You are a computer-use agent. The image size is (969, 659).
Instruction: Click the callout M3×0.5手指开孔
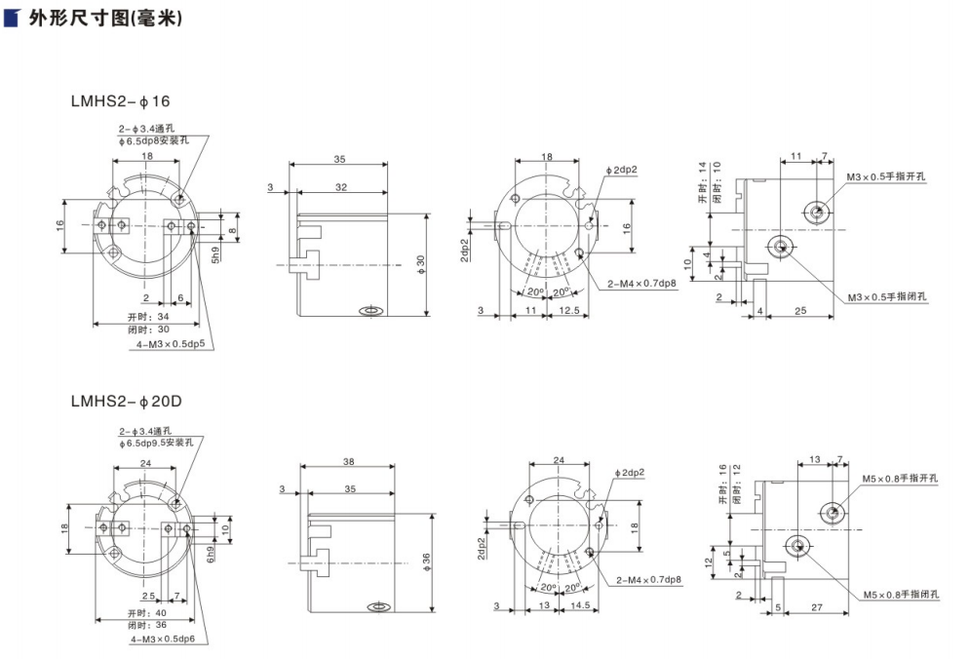pyautogui.click(x=887, y=176)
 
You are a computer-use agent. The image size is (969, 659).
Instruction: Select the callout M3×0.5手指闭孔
pyautogui.click(x=887, y=296)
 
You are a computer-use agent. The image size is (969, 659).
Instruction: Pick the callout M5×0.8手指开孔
pyautogui.click(x=900, y=479)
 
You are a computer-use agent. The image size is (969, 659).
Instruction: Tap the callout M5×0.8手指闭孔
pyautogui.click(x=900, y=594)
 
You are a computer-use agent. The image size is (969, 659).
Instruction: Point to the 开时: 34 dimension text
pyautogui.click(x=148, y=317)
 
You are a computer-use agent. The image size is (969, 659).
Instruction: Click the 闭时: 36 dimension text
pyautogui.click(x=148, y=625)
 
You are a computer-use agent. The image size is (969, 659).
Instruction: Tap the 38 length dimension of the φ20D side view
pyautogui.click(x=349, y=462)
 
